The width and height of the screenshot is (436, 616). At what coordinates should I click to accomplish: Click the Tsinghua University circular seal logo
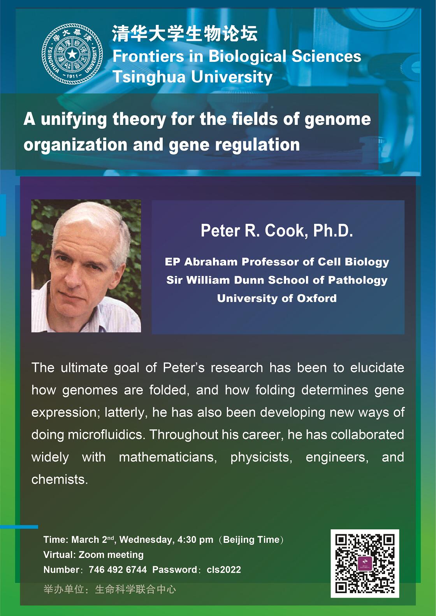coord(72,54)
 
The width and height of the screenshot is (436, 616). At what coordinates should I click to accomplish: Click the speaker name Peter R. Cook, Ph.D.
coord(277,230)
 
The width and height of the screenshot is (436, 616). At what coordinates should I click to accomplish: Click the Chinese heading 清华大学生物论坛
coord(185,33)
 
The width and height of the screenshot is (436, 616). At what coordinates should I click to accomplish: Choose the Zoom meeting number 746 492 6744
coord(118,570)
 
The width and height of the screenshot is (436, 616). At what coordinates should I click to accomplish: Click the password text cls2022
coord(223,570)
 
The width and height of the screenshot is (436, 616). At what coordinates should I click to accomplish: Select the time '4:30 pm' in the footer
coord(195,540)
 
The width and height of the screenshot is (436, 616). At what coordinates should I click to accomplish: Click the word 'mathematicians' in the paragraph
coord(168,457)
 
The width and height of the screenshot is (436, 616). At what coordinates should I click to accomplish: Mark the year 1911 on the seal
coord(72,76)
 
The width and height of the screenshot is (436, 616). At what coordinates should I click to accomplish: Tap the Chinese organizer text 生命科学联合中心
coord(135,589)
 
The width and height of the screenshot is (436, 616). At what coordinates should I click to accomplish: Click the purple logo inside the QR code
coord(365,563)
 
